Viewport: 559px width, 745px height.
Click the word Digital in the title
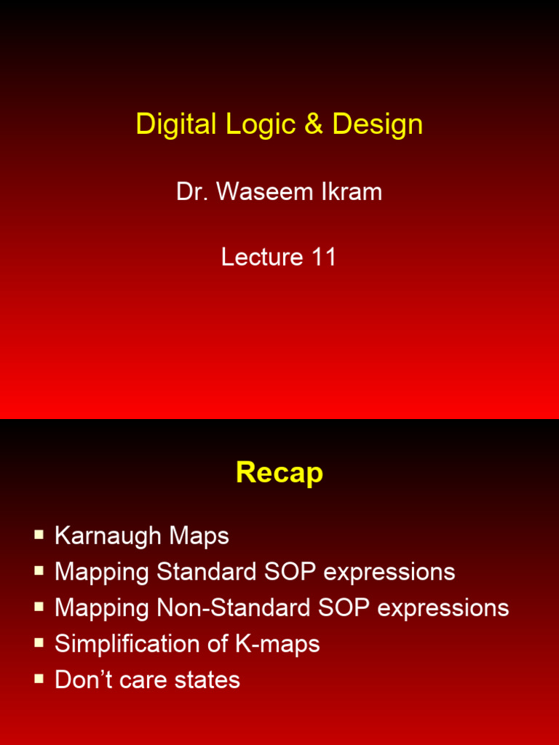176,124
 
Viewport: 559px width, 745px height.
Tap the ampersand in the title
314,124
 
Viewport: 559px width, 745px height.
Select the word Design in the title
377,124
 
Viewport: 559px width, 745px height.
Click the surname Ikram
354,192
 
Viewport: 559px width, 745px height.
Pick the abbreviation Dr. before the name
191,192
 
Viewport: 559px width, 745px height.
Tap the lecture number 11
323,257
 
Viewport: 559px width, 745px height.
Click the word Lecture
262,257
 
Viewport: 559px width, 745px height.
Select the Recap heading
279,473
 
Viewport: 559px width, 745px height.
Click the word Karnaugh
108,536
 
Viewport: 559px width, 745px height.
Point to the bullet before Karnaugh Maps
39,535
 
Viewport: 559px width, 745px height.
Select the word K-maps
279,644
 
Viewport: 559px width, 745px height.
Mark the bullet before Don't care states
39,679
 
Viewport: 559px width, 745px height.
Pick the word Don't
84,680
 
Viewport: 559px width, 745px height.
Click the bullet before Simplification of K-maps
39,643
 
